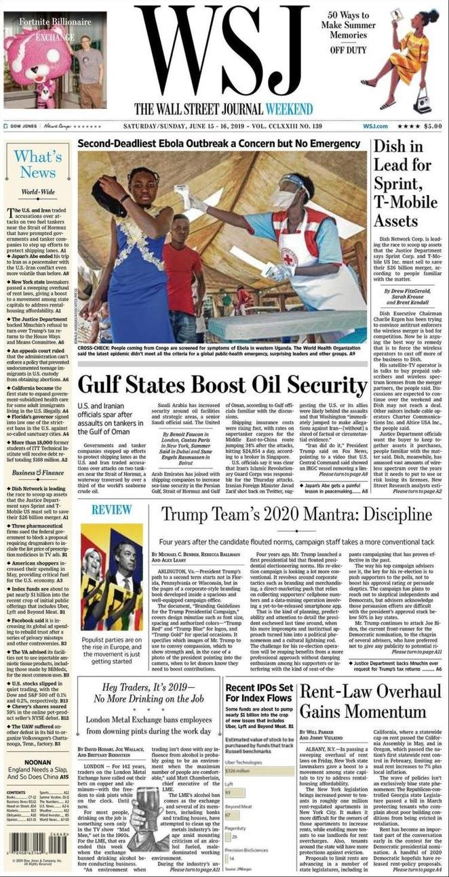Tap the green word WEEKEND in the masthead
tap(289, 109)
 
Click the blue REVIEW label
tap(112, 509)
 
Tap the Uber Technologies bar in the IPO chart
tap(237, 770)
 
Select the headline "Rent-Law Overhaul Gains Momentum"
tap(370, 702)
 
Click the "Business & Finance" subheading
tap(38, 472)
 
